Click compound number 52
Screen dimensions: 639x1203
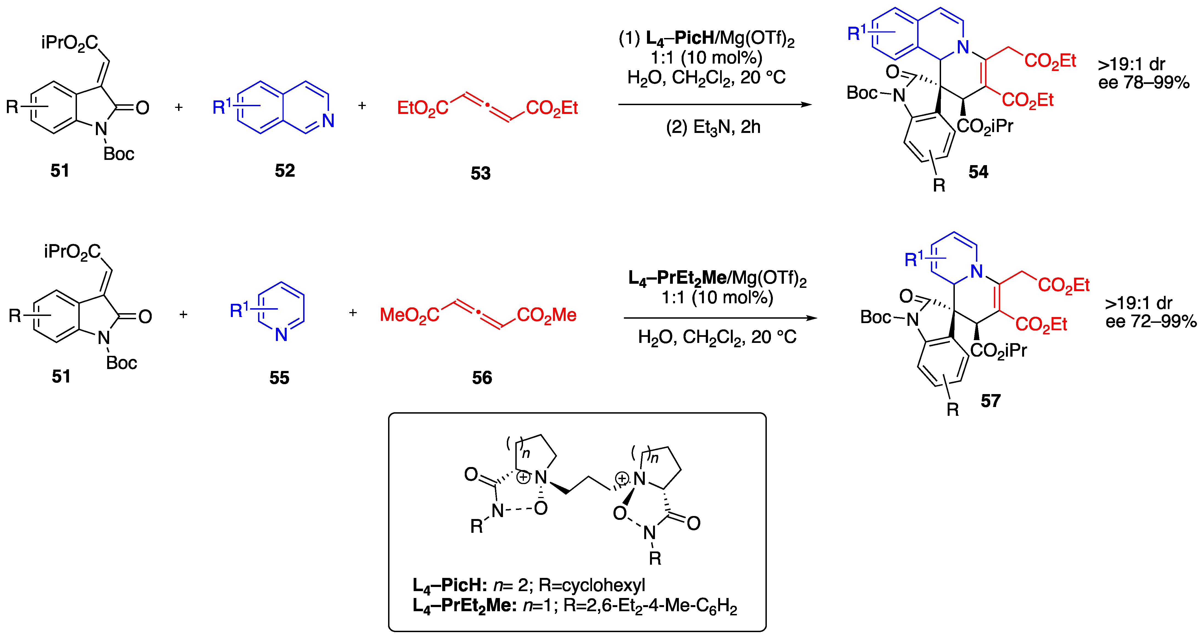point(285,171)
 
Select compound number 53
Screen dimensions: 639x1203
point(480,173)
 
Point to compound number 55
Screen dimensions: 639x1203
point(279,378)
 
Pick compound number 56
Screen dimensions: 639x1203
point(482,378)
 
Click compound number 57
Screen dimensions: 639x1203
point(991,401)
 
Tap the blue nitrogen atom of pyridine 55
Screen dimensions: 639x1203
point(281,335)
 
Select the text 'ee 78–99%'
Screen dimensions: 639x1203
point(1144,83)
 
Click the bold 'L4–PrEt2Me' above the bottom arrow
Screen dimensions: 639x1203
point(677,278)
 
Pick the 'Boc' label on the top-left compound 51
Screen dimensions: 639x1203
point(119,154)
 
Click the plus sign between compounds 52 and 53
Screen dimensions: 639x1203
point(362,106)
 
